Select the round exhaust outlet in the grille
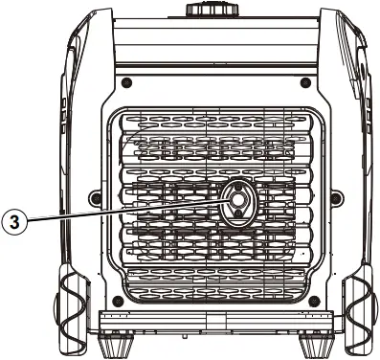[x=235, y=202]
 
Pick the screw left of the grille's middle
[x=93, y=198]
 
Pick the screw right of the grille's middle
[x=335, y=198]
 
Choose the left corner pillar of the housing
[x=63, y=144]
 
